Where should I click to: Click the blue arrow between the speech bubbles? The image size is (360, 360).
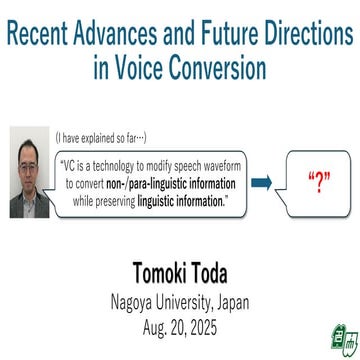261,183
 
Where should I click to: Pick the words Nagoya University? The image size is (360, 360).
154,301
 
